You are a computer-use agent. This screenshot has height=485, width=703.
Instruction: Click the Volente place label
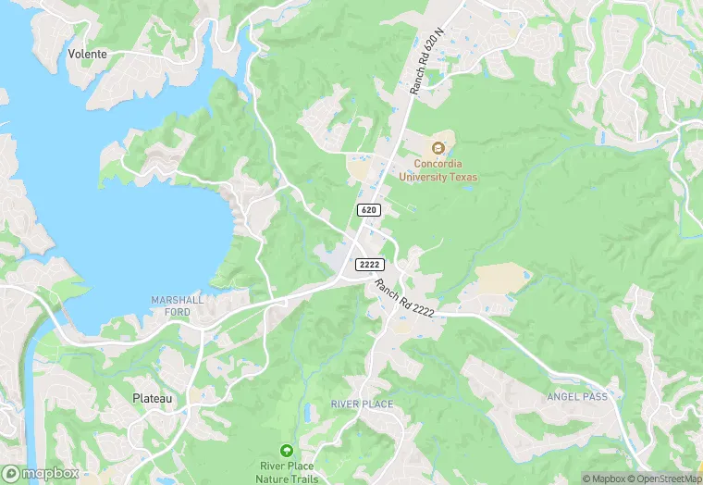coord(88,54)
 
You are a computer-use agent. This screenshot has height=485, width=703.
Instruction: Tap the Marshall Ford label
coord(177,306)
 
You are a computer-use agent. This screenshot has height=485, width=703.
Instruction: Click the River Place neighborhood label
coord(362,404)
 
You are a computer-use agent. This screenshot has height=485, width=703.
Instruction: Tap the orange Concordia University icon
coord(438,147)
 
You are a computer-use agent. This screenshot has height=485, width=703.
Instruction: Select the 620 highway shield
coord(368,210)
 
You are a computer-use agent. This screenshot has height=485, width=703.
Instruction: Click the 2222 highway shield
coord(368,265)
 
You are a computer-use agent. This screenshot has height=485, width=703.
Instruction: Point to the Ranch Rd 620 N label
coord(428,59)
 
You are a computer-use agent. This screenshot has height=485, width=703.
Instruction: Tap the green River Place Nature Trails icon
coord(286,449)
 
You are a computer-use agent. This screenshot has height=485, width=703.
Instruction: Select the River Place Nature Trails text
coord(290,471)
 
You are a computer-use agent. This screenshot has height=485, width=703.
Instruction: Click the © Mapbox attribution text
coord(602,478)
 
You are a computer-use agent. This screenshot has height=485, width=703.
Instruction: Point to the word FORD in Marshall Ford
coord(177,312)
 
